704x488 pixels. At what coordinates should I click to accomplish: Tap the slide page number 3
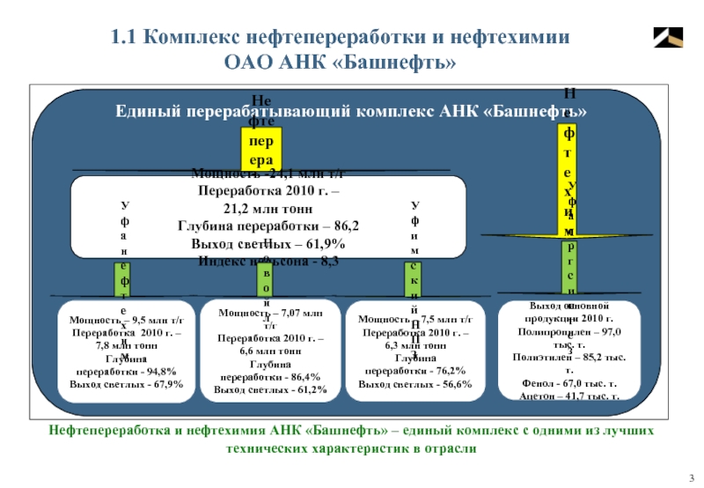click(x=691, y=477)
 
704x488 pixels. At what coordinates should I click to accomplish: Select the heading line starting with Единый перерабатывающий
click(x=351, y=113)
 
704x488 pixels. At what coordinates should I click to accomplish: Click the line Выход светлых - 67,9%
click(x=114, y=383)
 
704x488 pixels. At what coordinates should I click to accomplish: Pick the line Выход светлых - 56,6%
click(x=415, y=384)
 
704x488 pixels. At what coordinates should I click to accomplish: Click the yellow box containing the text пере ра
click(x=260, y=151)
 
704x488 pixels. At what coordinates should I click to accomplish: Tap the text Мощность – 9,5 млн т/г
click(x=114, y=320)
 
